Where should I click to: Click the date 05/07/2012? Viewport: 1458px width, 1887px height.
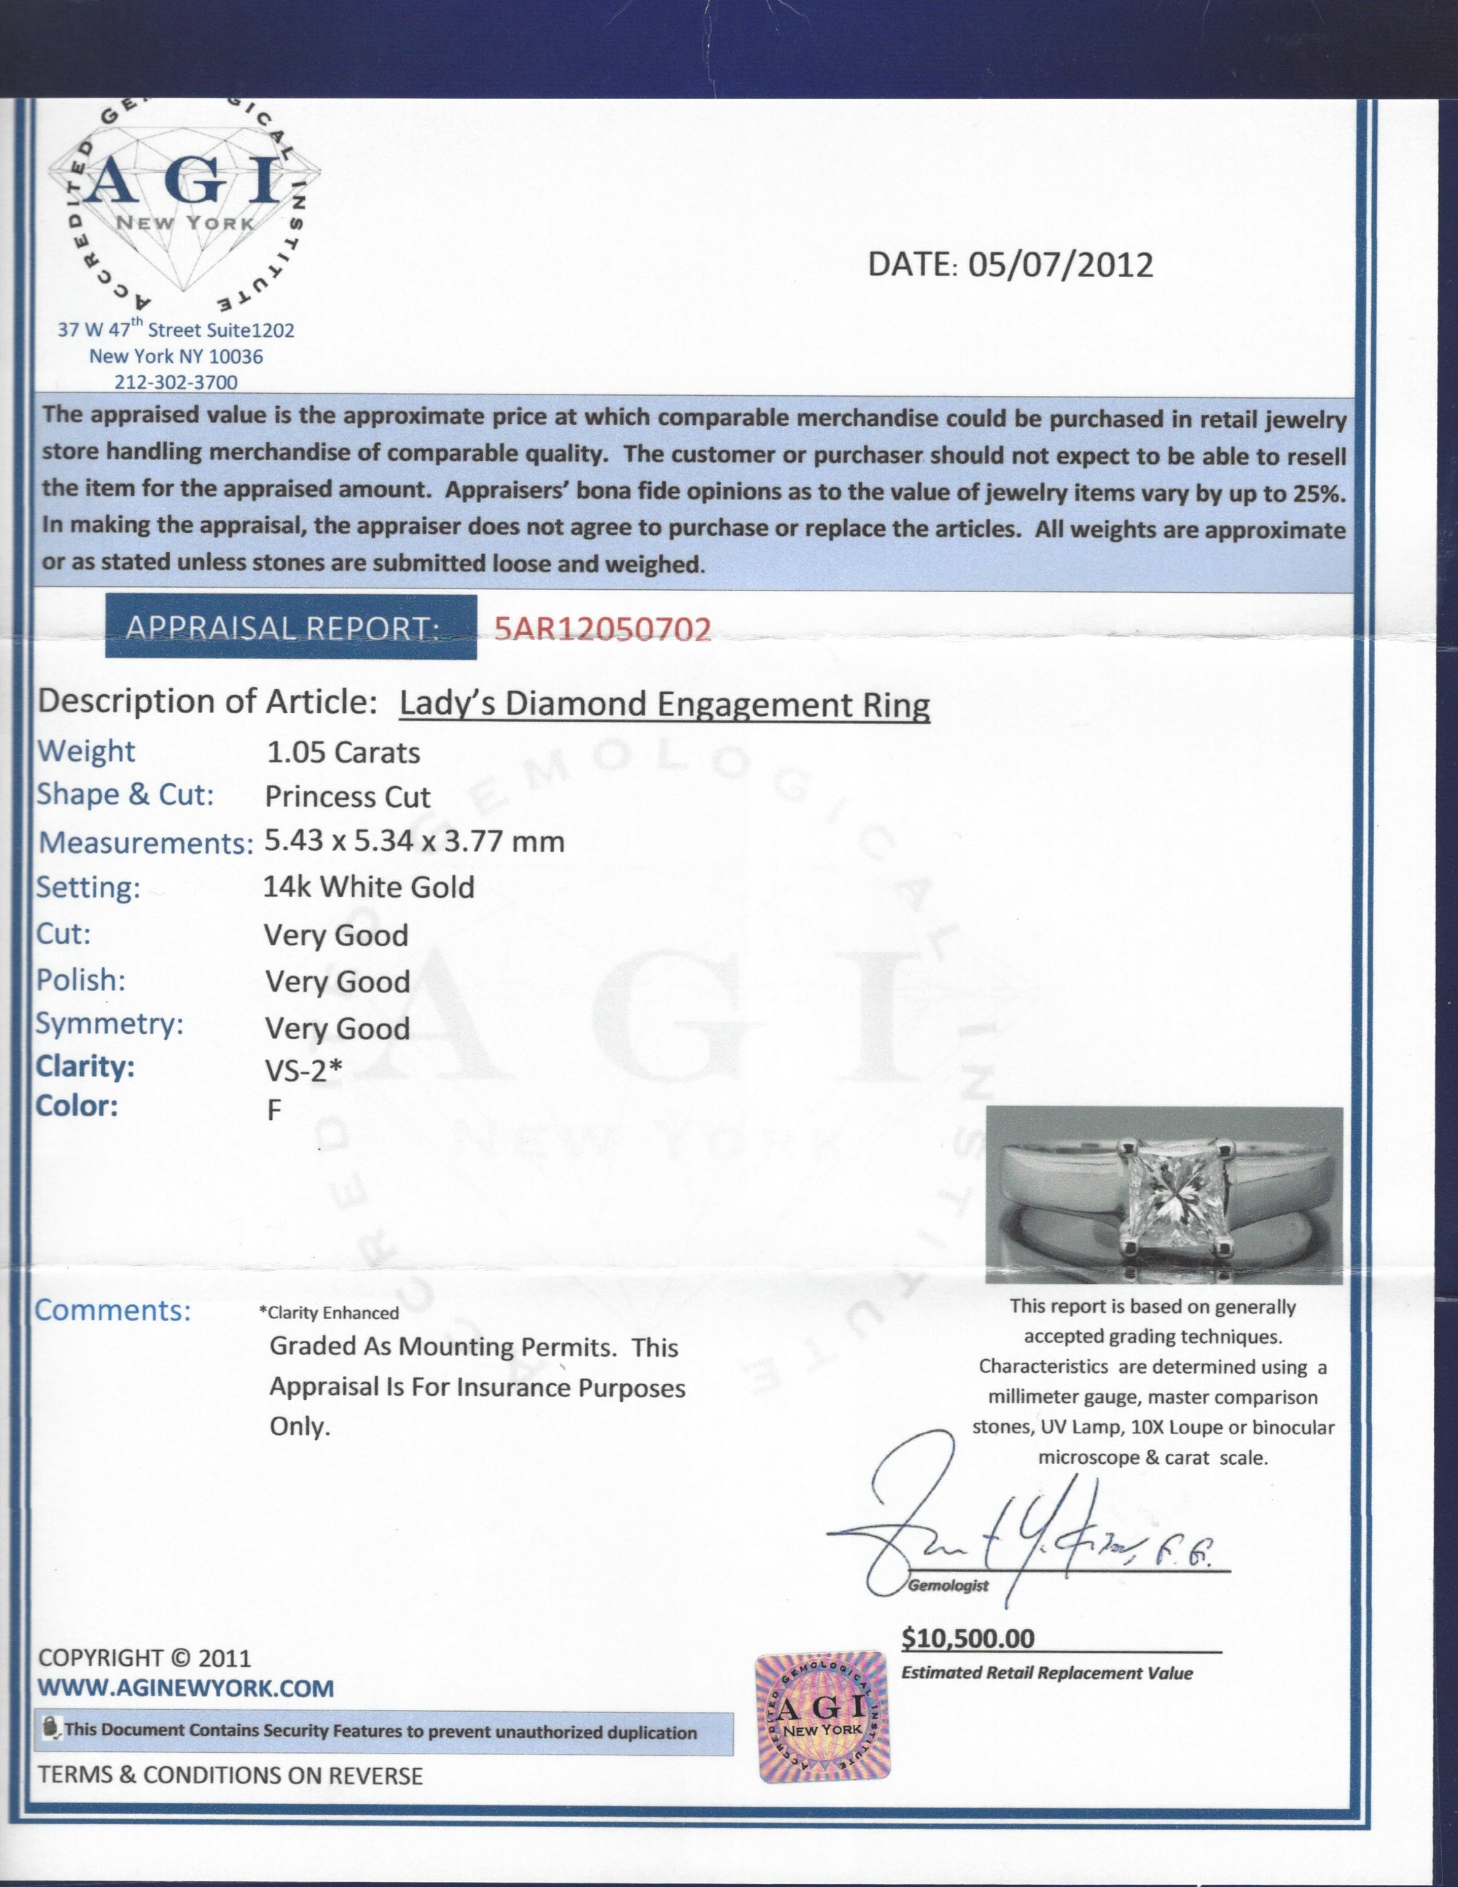coord(1061,265)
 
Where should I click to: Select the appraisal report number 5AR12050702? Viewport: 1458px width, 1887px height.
coord(602,629)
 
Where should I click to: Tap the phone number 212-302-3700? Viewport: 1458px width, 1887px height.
coord(176,382)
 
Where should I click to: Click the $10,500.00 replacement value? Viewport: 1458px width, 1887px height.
coord(967,1638)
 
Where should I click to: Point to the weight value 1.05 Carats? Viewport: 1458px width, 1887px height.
coord(343,752)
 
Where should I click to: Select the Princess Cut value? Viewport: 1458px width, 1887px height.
coord(347,797)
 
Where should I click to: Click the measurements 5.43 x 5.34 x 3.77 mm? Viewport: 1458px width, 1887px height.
coord(414,841)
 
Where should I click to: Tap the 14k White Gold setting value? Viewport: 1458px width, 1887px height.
coord(369,887)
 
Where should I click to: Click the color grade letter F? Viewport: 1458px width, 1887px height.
coord(274,1110)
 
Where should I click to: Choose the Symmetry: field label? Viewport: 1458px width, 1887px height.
coord(109,1024)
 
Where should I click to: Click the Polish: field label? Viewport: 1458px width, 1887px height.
coord(81,980)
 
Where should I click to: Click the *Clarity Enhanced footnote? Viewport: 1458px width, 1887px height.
coord(328,1313)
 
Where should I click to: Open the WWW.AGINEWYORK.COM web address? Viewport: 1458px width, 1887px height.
coord(186,1687)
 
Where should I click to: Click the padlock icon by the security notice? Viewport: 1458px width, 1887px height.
coord(51,1729)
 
